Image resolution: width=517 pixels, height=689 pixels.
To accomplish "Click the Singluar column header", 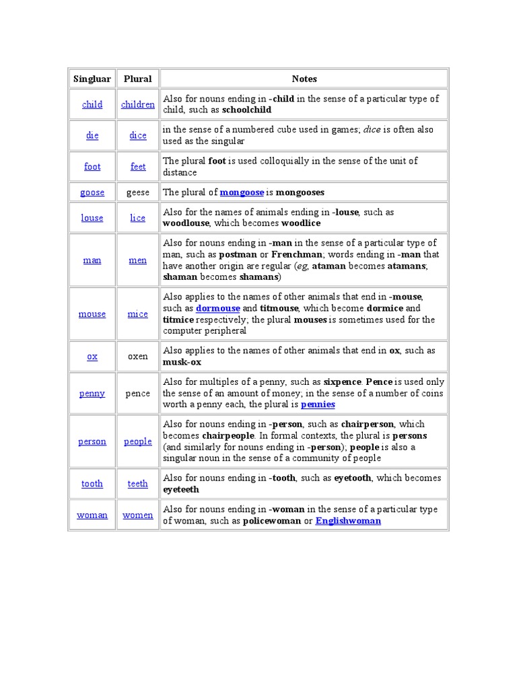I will click(92, 79).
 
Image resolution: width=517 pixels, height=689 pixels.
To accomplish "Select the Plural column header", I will click(138, 79).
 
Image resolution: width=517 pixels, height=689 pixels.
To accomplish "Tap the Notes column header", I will click(304, 79).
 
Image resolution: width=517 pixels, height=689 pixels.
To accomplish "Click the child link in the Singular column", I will click(92, 104).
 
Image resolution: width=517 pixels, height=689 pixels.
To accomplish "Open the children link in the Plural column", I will click(138, 104).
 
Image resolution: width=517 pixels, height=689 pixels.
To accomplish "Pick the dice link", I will click(138, 135).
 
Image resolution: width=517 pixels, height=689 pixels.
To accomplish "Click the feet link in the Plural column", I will click(138, 166).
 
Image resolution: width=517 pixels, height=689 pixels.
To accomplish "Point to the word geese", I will click(138, 192).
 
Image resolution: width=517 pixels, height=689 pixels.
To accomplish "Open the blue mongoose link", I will click(242, 192).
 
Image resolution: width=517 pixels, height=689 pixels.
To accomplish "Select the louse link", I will click(92, 218).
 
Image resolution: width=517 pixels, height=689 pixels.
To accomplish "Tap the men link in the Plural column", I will click(138, 260).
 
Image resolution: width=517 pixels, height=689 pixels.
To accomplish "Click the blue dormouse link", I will click(218, 308).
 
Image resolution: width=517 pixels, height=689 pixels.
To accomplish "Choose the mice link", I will click(138, 314).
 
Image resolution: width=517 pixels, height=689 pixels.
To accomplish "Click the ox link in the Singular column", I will click(92, 357).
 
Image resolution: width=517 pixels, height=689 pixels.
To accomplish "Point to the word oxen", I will click(138, 357).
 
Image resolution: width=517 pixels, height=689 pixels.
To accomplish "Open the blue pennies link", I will click(318, 404).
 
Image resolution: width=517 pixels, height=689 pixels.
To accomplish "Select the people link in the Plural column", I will click(138, 441).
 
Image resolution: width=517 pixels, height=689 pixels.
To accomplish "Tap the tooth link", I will click(92, 484).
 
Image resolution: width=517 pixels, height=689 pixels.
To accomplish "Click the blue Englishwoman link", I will click(348, 521).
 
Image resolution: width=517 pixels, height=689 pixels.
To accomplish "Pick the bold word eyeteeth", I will click(181, 489).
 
